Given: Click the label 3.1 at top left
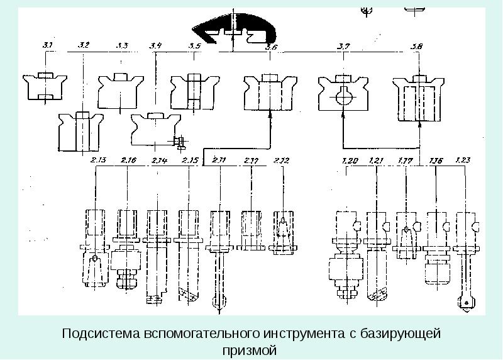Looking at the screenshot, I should click(47, 45).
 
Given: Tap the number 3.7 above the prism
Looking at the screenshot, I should click(343, 46).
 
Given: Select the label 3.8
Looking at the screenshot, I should click(416, 46).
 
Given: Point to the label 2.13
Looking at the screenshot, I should click(97, 160).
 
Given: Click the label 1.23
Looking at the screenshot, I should click(464, 160).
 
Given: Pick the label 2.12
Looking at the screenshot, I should click(282, 160).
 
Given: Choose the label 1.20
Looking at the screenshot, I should click(351, 160).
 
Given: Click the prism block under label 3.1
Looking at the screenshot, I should click(44, 87).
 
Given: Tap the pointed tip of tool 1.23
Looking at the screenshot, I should click(465, 305).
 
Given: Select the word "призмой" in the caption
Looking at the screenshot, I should click(250, 349).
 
